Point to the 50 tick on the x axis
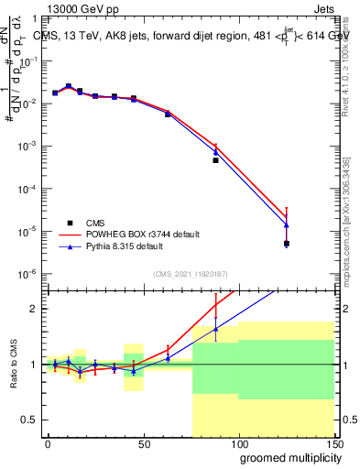click(x=143, y=444)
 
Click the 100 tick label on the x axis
click(x=238, y=444)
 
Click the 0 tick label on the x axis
click(x=48, y=444)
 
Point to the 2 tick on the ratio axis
click(x=35, y=309)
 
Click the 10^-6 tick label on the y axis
click(x=27, y=274)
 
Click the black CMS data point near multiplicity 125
click(x=287, y=244)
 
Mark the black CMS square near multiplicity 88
click(x=215, y=160)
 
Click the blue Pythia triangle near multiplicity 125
click(x=287, y=225)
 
